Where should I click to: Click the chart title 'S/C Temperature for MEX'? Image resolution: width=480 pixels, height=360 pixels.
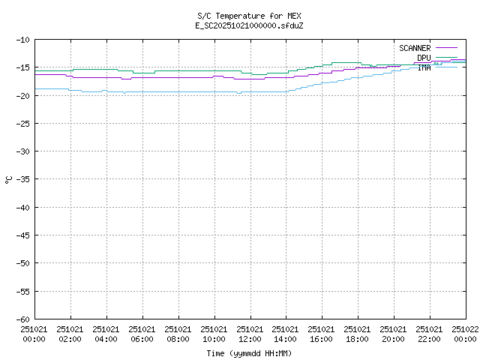(x=249, y=16)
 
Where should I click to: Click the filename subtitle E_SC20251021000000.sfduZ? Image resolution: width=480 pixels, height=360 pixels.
(x=249, y=25)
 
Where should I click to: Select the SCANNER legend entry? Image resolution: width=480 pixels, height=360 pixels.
(x=415, y=49)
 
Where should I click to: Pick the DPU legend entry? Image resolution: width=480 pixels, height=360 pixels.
(x=424, y=58)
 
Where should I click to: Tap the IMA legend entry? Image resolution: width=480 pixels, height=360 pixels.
(x=424, y=67)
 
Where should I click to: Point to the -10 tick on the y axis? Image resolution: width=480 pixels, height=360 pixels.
(x=22, y=40)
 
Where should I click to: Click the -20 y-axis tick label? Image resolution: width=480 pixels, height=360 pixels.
(x=22, y=95)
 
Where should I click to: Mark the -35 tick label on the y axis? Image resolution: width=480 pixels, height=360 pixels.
(x=22, y=179)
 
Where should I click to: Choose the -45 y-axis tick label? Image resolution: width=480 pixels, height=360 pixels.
(x=22, y=235)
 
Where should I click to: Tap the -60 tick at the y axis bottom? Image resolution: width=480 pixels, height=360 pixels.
(x=22, y=319)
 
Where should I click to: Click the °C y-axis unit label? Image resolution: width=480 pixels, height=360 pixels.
(x=9, y=179)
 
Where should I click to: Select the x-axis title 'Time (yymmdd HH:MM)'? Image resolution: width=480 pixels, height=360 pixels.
(x=249, y=353)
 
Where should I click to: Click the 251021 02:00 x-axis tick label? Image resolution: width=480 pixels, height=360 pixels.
(x=70, y=334)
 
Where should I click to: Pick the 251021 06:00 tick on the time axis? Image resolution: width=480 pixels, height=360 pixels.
(x=142, y=334)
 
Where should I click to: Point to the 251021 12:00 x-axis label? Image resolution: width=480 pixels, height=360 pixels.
(x=250, y=334)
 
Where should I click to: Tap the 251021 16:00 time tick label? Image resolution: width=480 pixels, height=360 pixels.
(x=322, y=334)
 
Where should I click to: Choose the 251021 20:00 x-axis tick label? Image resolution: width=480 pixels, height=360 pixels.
(x=394, y=334)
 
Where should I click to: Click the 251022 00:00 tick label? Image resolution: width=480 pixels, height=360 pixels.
(x=465, y=334)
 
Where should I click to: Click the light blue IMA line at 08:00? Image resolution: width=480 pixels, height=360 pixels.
(x=178, y=92)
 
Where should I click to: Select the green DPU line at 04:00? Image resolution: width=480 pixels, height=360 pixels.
(x=106, y=70)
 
